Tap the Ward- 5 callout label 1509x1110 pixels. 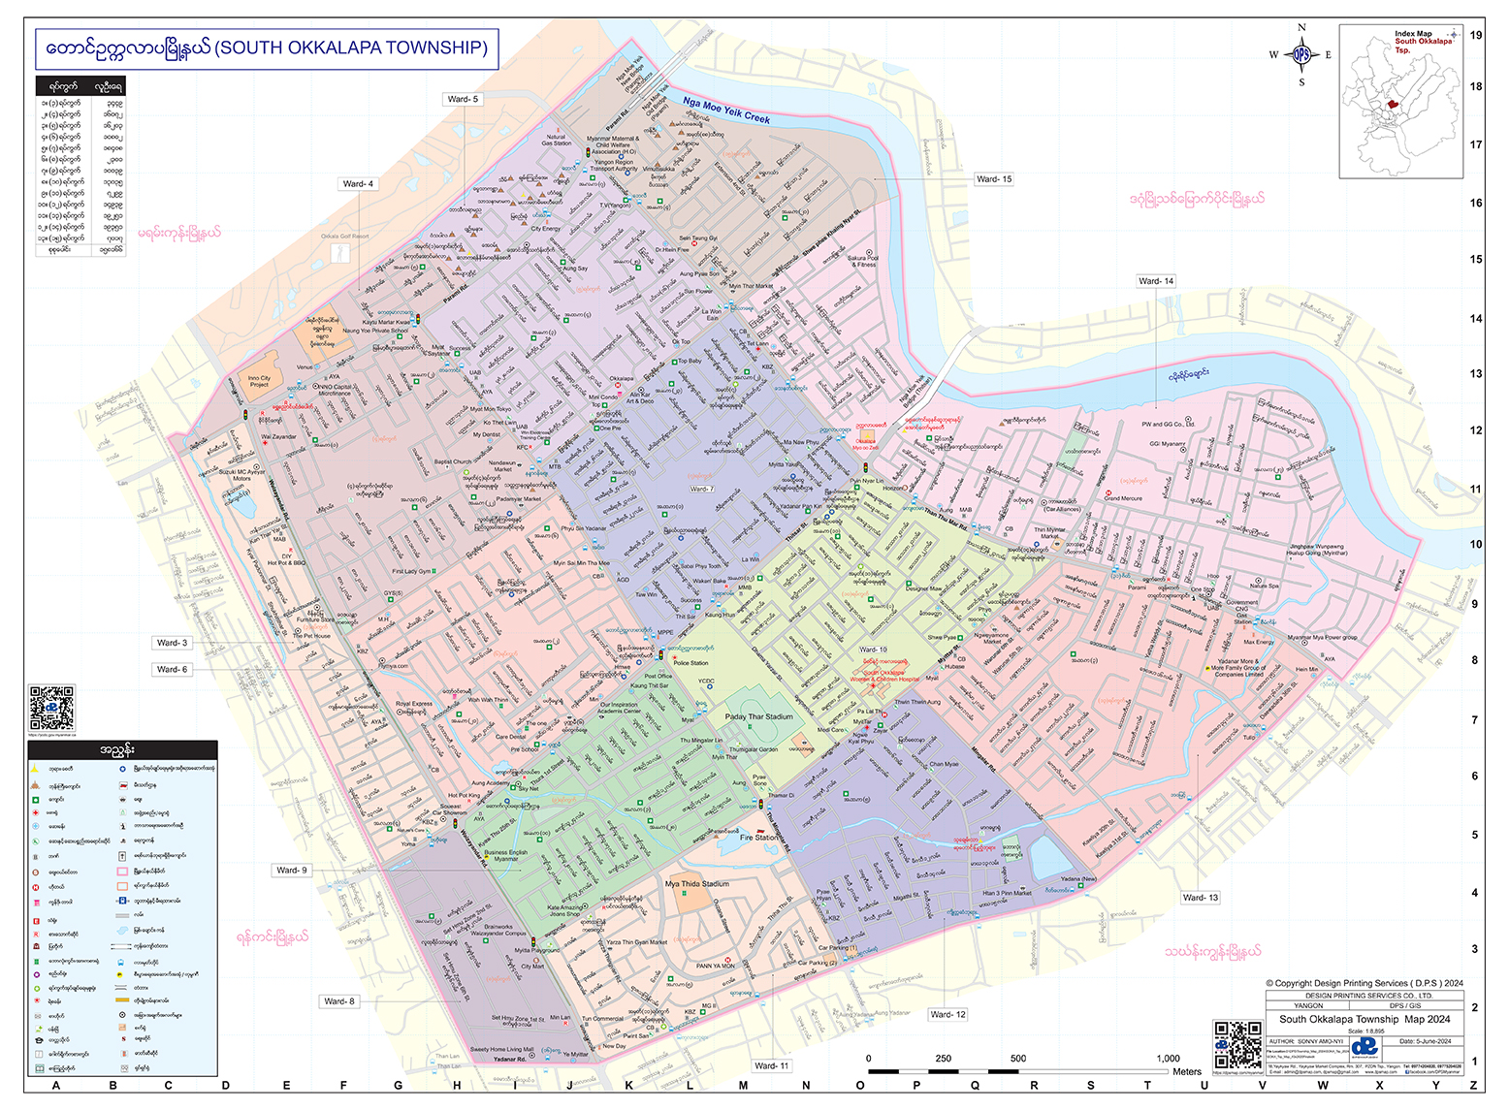click(463, 99)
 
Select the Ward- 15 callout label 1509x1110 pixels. click(993, 179)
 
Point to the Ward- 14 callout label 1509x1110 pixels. click(1155, 281)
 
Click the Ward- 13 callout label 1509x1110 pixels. click(1200, 898)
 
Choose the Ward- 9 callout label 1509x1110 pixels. click(291, 871)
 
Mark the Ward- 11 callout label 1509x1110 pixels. click(771, 1065)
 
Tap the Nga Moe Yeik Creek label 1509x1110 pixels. click(725, 110)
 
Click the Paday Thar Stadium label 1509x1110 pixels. click(758, 717)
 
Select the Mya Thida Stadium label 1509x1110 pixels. click(696, 884)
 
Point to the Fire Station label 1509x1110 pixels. click(757, 838)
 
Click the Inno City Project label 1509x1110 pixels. click(259, 381)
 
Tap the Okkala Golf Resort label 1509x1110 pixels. click(345, 236)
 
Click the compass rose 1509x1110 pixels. click(1301, 55)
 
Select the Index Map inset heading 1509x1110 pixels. click(1413, 34)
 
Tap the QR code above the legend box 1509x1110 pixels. click(51, 708)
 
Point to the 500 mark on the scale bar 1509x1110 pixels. click(1017, 1059)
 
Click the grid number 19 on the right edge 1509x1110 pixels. click(1475, 35)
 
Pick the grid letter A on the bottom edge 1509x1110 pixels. click(56, 1086)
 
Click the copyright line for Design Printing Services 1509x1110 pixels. click(1364, 983)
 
